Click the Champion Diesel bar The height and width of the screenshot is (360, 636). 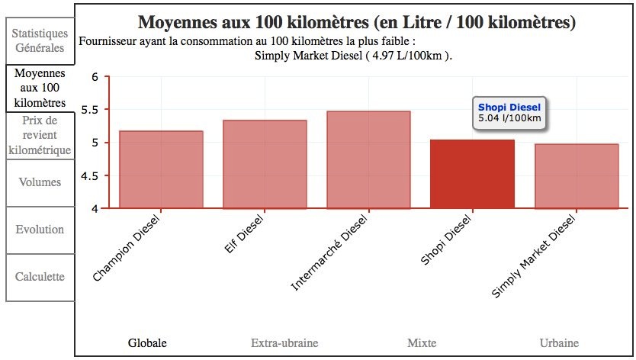161,169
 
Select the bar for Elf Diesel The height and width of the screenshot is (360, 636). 265,164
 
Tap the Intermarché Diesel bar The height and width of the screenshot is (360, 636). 368,159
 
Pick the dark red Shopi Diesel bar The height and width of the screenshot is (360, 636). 472,174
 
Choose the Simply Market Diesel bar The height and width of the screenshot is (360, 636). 577,175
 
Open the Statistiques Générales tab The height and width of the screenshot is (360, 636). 40,41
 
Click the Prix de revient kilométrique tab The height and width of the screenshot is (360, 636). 40,136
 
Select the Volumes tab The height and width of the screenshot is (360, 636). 40,182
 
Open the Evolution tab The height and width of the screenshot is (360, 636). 40,230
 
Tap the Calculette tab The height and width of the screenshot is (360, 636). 40,277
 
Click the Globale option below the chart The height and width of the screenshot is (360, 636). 147,342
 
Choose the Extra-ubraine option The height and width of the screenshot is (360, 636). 284,342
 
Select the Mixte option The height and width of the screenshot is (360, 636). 422,342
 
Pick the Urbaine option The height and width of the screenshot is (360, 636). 558,342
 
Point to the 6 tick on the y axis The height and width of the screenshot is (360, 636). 94,76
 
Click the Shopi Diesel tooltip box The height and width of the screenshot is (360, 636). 509,113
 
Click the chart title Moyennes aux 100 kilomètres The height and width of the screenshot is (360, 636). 356,22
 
